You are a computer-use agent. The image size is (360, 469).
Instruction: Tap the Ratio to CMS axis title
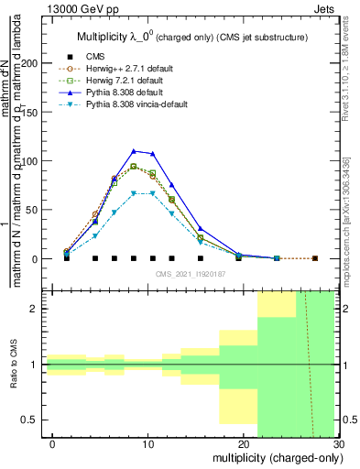point(14,364)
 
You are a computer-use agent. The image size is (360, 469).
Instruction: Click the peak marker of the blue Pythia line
point(134,151)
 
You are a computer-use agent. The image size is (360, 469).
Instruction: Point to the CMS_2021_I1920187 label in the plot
point(190,274)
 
